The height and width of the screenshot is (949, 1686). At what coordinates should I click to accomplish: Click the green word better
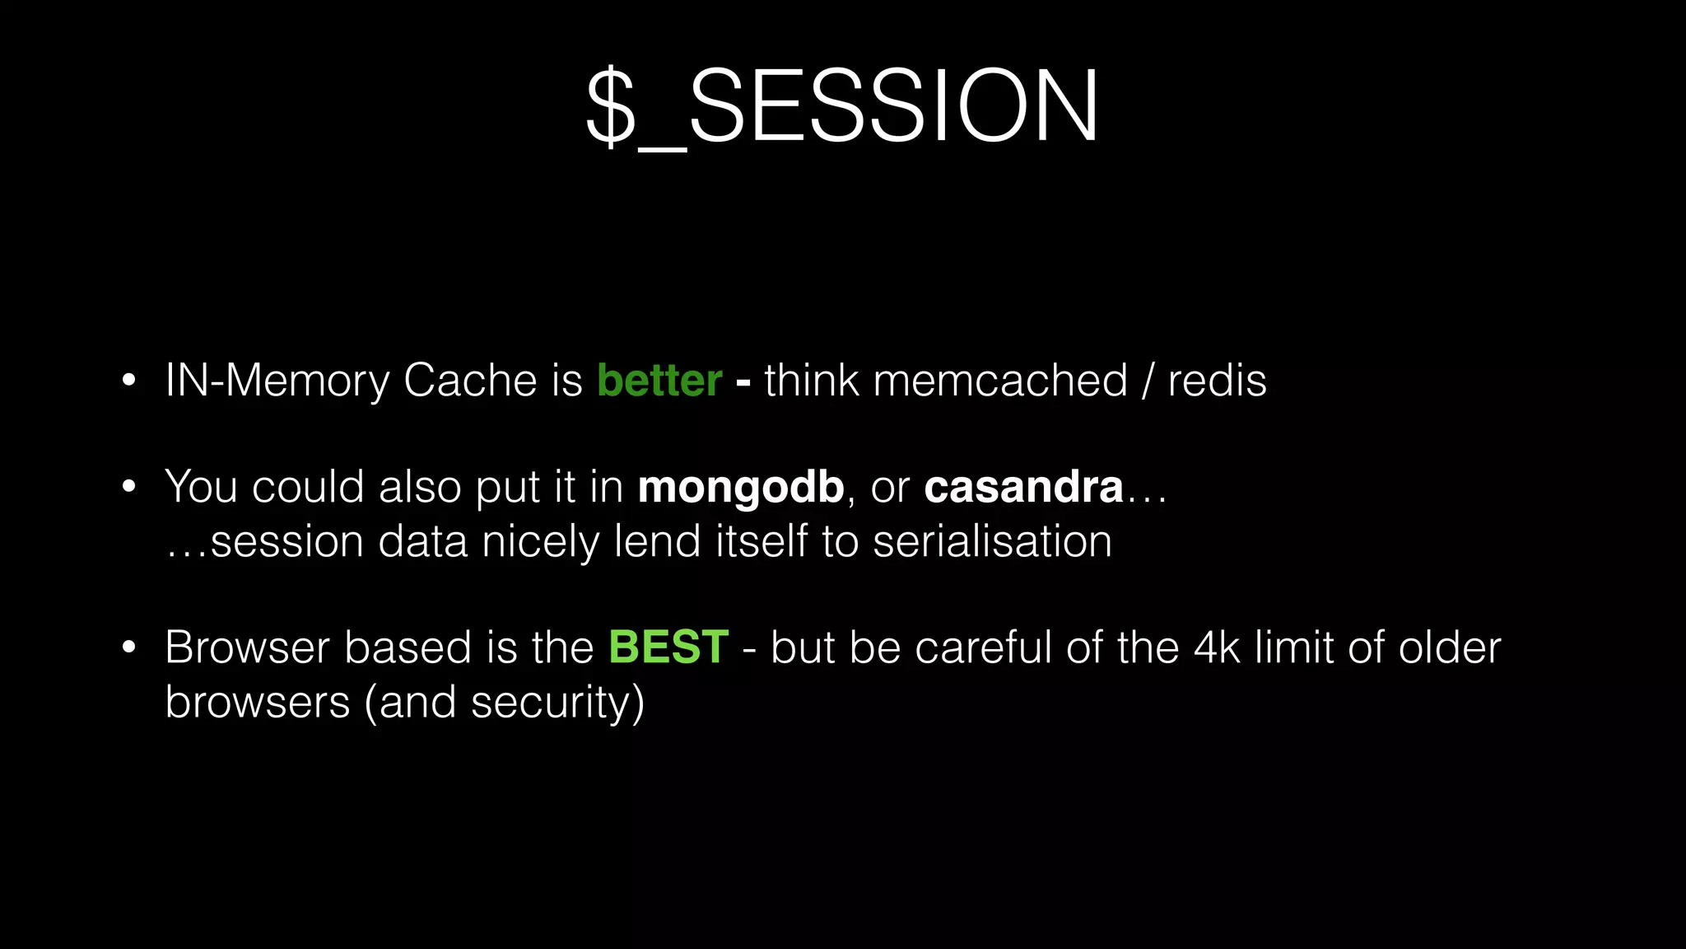[x=659, y=381]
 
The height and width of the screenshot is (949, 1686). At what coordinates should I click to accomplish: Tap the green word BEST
[x=668, y=647]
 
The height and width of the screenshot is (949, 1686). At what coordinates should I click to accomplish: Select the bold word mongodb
[x=741, y=487]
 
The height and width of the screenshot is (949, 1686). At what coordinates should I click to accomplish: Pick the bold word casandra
[x=1023, y=487]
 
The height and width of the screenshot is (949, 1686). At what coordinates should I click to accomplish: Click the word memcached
[x=999, y=381]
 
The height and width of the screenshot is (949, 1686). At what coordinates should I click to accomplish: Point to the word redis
[x=1217, y=381]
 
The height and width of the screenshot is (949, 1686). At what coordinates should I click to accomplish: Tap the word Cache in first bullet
[x=470, y=381]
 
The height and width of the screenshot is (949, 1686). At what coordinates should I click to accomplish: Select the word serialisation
[x=992, y=542]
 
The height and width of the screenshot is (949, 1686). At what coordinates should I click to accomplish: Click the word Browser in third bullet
[x=247, y=647]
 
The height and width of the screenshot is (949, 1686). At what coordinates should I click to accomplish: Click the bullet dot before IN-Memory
[x=128, y=381]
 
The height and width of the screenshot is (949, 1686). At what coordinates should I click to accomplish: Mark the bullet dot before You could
[x=128, y=488]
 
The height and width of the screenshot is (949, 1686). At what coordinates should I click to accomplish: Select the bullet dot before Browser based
[x=128, y=647]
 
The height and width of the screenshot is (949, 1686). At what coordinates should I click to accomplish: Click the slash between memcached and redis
[x=1148, y=381]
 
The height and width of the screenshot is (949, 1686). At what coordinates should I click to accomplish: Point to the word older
[x=1450, y=647]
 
